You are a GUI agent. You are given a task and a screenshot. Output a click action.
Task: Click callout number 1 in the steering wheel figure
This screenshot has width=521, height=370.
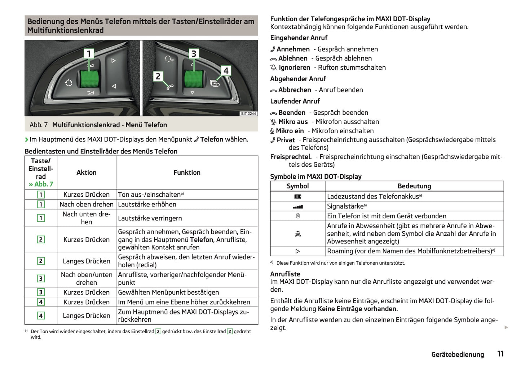[89, 54]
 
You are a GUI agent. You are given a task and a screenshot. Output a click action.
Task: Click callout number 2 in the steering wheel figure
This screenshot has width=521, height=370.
[158, 77]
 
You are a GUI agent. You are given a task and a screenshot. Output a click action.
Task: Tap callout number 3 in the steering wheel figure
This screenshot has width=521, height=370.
[194, 54]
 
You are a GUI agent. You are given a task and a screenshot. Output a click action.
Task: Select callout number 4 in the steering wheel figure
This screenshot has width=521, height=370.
[226, 71]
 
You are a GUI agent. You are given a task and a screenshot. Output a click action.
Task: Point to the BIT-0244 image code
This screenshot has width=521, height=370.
[248, 114]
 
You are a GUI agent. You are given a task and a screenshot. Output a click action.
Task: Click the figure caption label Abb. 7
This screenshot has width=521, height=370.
[39, 125]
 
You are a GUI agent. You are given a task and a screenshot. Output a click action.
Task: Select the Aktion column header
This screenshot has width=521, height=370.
[87, 173]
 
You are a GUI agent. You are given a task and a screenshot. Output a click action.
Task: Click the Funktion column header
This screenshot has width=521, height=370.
[187, 173]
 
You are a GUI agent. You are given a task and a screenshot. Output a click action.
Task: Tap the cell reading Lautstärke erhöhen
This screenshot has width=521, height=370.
[147, 204]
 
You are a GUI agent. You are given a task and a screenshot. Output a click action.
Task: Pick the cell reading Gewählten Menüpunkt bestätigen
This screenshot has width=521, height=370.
[168, 292]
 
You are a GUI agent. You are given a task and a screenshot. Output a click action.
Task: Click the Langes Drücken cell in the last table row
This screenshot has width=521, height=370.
[87, 316]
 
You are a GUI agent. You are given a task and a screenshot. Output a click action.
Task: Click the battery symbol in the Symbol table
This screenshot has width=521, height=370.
[298, 197]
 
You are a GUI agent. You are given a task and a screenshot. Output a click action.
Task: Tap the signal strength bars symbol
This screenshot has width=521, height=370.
[298, 207]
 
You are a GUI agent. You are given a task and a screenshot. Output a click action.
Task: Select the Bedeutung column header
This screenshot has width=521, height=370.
[414, 186]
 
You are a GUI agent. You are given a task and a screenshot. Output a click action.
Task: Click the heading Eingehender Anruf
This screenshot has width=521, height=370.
[299, 38]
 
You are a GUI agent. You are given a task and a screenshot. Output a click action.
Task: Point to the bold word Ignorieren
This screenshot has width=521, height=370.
[294, 68]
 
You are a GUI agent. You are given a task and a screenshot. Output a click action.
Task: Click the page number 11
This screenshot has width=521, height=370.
[500, 354]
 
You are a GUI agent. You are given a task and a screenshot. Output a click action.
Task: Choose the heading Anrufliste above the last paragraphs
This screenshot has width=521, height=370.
[285, 274]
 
